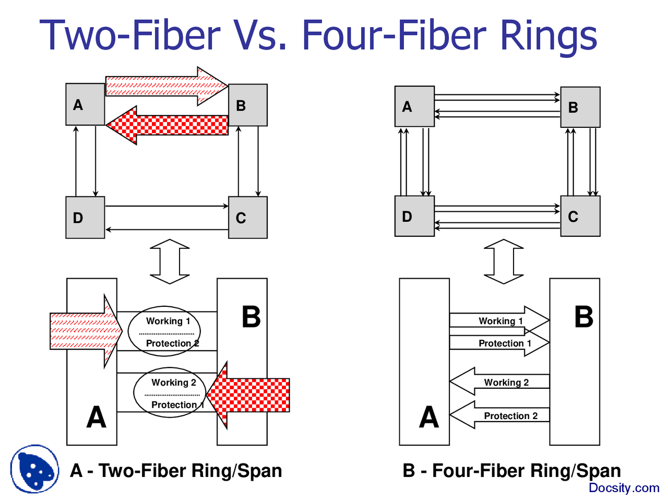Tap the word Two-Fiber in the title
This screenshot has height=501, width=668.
click(130, 35)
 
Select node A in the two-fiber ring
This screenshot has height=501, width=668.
click(85, 104)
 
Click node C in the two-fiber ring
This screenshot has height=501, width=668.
click(248, 218)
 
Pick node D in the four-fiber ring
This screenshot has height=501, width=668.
click(414, 216)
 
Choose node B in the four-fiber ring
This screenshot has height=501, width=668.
click(580, 108)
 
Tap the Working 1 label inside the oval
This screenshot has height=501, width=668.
click(168, 321)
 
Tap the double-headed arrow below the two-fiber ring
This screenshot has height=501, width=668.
click(170, 261)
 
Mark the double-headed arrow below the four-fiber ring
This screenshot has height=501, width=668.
click(504, 261)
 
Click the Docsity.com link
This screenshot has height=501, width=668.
click(624, 488)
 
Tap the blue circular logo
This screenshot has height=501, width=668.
click(34, 469)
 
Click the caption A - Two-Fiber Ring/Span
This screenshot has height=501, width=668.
click(176, 471)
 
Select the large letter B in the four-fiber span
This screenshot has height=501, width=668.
click(583, 317)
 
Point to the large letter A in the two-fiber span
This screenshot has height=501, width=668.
click(96, 417)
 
